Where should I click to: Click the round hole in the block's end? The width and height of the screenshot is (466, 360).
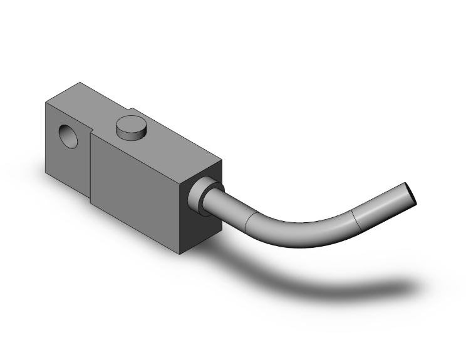tap(65, 136)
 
